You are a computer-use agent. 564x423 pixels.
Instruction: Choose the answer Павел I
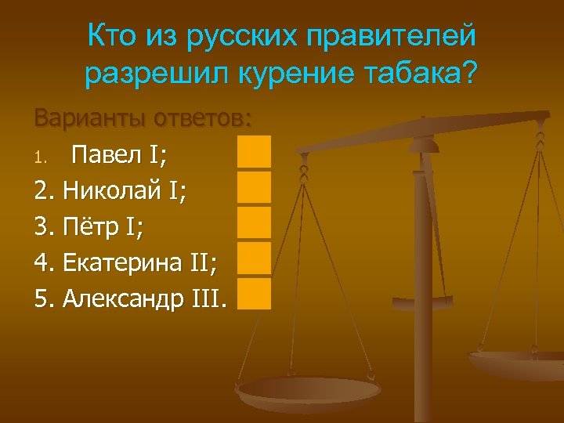[118, 154]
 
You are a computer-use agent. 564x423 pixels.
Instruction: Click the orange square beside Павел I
[255, 151]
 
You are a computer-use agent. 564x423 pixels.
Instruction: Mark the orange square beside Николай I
[255, 187]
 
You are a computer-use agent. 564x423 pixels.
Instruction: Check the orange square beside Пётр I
[255, 222]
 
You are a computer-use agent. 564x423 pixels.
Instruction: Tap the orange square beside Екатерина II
[255, 258]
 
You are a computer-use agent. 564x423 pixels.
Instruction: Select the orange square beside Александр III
[255, 294]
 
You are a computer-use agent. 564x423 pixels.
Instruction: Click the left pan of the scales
[309, 391]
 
